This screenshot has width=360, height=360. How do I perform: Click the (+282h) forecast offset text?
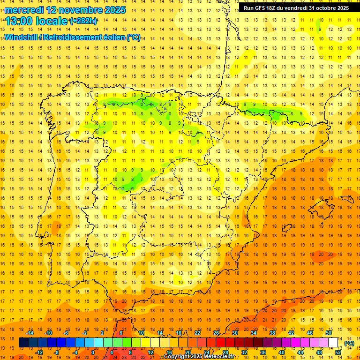click(x=83, y=21)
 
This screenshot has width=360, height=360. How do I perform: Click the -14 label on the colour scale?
click(x=30, y=333)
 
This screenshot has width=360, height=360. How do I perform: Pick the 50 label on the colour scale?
click(x=329, y=333)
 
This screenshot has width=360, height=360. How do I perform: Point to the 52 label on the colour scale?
click(x=338, y=352)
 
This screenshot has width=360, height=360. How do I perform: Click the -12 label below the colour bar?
click(x=39, y=352)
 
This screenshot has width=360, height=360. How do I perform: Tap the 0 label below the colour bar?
click(x=93, y=352)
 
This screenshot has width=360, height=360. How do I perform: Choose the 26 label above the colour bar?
click(x=216, y=333)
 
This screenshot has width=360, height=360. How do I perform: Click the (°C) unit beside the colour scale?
click(x=349, y=343)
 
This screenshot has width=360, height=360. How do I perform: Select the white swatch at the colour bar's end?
click(x=333, y=343)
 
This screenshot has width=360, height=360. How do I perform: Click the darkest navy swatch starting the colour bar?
click(x=23, y=343)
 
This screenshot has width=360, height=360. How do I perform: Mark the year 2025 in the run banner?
click(x=341, y=8)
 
